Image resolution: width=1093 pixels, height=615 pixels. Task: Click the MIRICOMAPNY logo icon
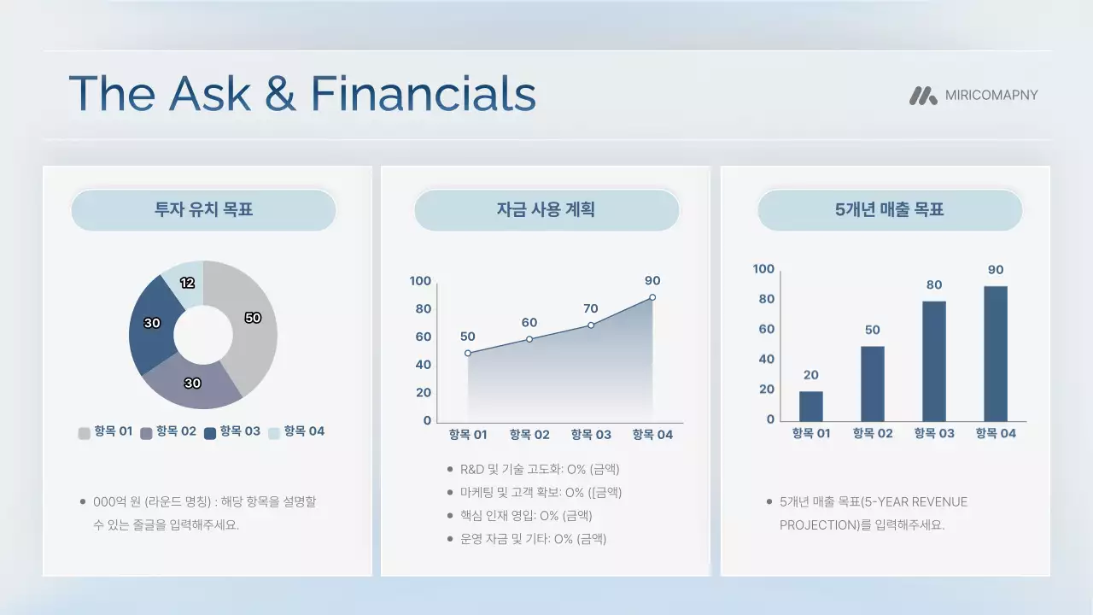923,96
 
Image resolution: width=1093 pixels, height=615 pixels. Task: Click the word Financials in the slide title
423,94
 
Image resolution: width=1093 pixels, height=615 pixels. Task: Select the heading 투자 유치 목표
203,209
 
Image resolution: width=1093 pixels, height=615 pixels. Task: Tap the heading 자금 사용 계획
546,209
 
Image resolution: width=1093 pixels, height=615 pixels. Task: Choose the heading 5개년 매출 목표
889,209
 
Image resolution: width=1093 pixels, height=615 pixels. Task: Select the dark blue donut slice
153,325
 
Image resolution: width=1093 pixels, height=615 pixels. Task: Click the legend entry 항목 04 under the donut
296,432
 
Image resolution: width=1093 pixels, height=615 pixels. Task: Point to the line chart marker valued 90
652,297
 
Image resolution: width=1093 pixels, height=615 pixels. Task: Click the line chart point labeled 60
529,339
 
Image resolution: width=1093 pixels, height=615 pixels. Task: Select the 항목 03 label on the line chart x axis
591,435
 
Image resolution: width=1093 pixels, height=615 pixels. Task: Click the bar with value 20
811,406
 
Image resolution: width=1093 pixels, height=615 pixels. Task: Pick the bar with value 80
934,360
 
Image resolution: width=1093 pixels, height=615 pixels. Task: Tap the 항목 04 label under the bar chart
996,433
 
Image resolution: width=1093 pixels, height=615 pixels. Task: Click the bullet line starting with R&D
539,469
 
